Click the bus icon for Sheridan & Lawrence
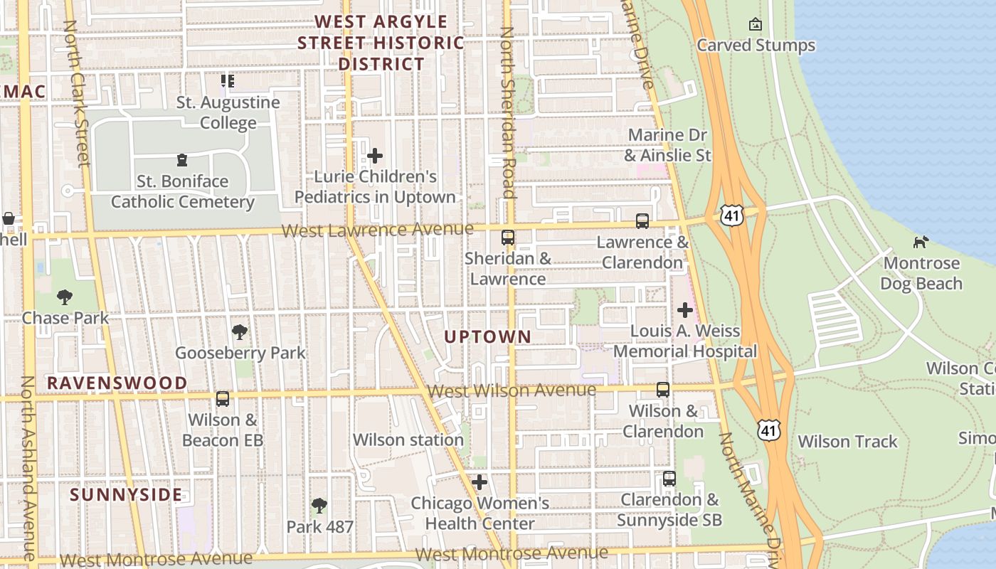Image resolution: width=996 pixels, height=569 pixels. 508,238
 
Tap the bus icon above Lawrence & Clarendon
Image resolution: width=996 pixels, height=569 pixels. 642,221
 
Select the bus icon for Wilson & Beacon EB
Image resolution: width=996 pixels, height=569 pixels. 223,398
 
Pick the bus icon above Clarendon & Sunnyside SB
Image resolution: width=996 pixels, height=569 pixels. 669,479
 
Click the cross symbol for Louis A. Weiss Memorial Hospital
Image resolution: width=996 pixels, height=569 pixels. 685,310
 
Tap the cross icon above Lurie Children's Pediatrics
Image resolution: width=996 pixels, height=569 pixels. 375,156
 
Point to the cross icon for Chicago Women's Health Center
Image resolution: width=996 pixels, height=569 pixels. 480,482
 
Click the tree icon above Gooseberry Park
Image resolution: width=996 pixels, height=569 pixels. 240,331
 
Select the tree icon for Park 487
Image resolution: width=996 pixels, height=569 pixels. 319,506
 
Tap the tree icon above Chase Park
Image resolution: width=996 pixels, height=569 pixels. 65,297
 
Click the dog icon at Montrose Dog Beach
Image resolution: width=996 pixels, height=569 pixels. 921,243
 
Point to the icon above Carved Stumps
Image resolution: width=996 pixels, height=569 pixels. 756,25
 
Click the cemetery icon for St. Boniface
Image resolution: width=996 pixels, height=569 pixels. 182,160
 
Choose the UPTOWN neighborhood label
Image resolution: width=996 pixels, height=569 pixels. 488,336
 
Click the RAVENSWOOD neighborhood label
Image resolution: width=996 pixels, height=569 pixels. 117,383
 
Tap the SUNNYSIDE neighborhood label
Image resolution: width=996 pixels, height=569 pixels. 126,494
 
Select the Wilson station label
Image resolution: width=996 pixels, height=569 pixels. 408,440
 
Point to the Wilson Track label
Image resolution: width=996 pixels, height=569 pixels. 847,442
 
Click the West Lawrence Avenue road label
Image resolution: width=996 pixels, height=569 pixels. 377,230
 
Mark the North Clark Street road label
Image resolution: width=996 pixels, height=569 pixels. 77,92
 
